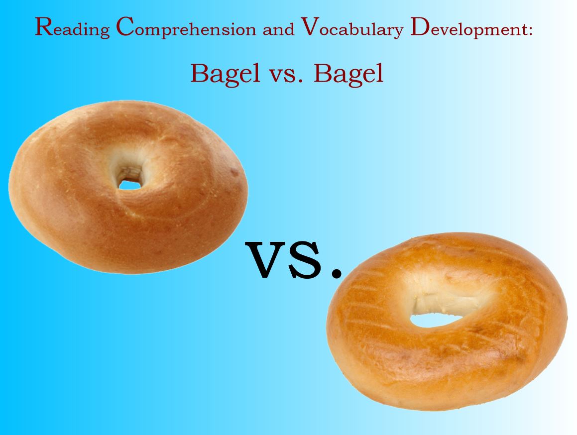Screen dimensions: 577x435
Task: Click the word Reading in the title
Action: pyautogui.click(x=72, y=27)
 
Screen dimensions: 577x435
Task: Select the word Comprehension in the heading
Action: pyautogui.click(x=186, y=27)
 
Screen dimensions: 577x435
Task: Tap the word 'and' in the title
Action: pyautogui.click(x=278, y=29)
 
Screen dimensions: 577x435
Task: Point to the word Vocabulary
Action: pyautogui.click(x=352, y=28)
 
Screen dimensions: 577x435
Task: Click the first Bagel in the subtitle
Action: pyautogui.click(x=225, y=74)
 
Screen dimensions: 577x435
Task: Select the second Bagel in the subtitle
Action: pyautogui.click(x=348, y=74)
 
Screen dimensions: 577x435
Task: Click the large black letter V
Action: pyautogui.click(x=266, y=259)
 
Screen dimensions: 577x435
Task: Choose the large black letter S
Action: pyautogui.click(x=305, y=259)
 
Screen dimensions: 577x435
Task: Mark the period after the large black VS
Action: pyautogui.click(x=337, y=272)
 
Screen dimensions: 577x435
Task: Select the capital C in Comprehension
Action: pyautogui.click(x=125, y=26)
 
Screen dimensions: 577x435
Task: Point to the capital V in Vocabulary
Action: pyautogui.click(x=310, y=26)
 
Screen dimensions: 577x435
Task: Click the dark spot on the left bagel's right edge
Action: pyautogui.click(x=234, y=172)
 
